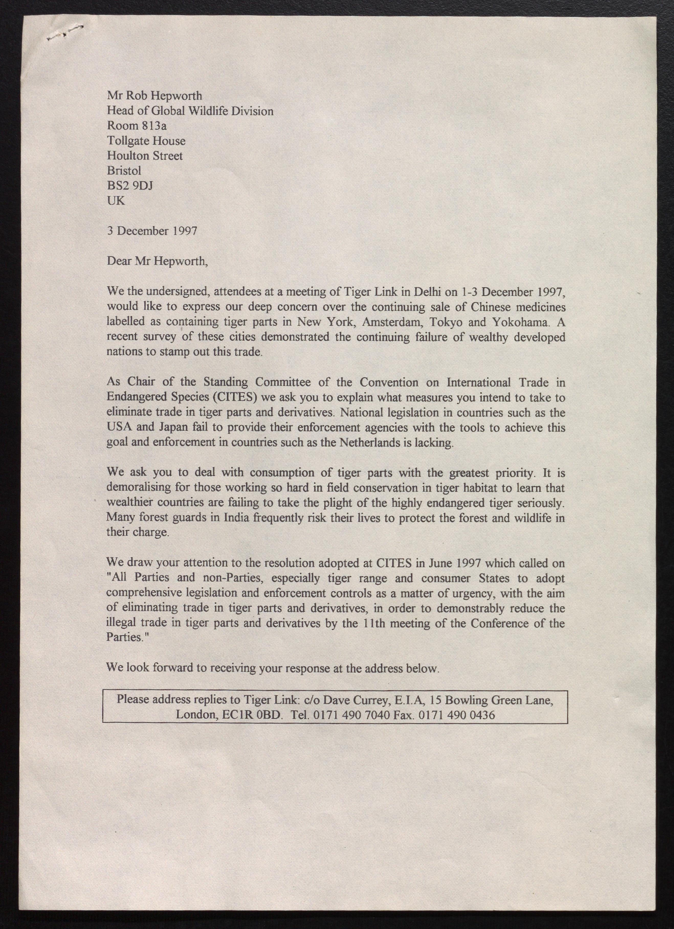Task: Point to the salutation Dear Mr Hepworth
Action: (x=157, y=261)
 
